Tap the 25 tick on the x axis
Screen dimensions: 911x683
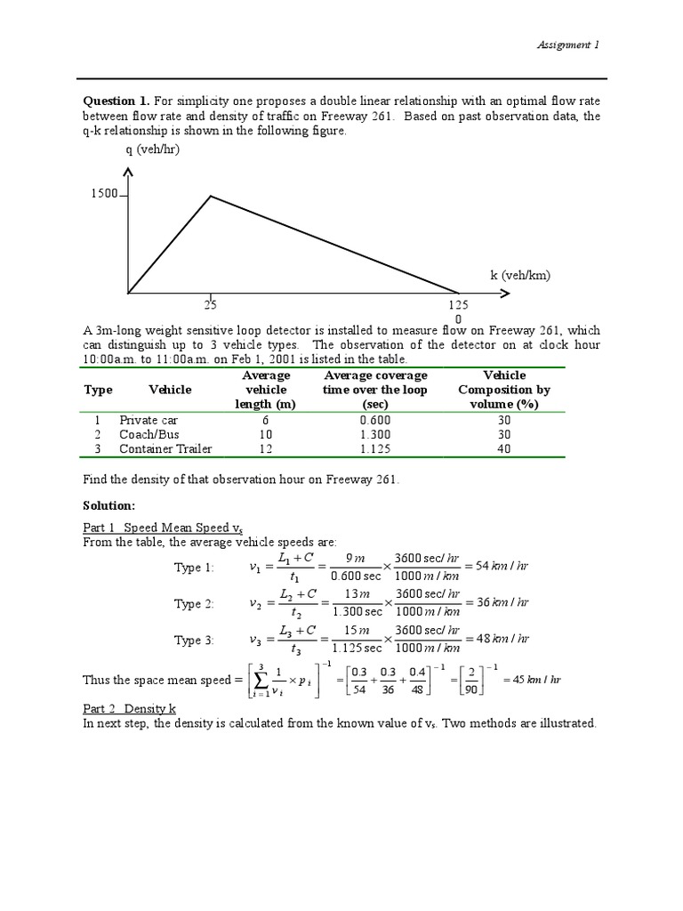pyautogui.click(x=210, y=305)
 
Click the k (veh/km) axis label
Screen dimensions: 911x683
pyautogui.click(x=520, y=275)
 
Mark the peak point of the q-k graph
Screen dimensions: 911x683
pyautogui.click(x=210, y=196)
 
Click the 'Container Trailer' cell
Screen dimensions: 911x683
pyautogui.click(x=165, y=448)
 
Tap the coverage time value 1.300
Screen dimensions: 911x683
pyautogui.click(x=375, y=434)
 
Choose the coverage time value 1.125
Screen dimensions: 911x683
pyautogui.click(x=375, y=448)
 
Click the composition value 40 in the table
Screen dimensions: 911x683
pyautogui.click(x=504, y=448)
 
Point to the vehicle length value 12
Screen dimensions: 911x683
pyautogui.click(x=265, y=448)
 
